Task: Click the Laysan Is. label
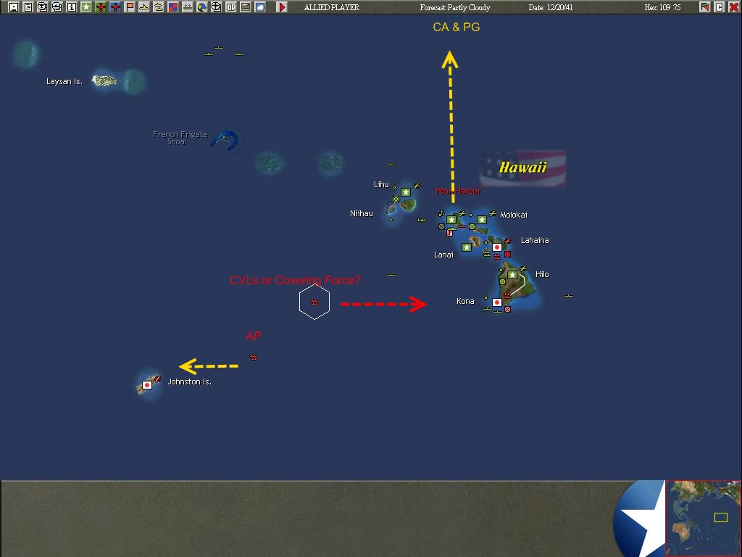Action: point(64,82)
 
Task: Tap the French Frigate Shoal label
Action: point(180,138)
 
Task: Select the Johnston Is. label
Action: point(189,381)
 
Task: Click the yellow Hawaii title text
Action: point(522,168)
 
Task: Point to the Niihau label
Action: point(361,213)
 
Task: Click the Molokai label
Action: point(513,215)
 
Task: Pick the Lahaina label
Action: point(535,240)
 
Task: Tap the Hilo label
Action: point(542,274)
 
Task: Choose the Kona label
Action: point(465,301)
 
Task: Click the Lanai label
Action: point(443,255)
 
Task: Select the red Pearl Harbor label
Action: point(457,191)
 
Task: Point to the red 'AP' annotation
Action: point(254,336)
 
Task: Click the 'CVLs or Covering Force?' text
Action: point(295,280)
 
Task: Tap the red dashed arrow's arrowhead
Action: point(419,304)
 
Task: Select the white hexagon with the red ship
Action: point(314,302)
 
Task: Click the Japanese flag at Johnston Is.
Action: point(147,385)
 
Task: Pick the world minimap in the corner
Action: point(703,518)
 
